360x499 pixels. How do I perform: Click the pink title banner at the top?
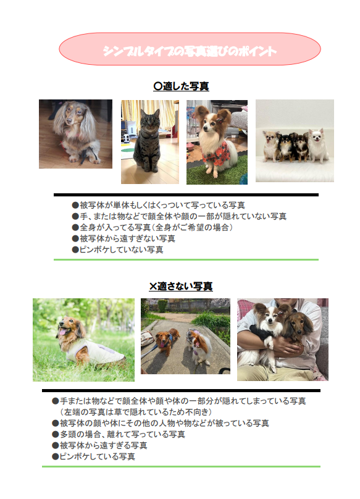tap(190, 49)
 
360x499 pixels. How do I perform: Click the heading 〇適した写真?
tap(181, 86)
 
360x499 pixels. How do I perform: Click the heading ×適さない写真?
tap(181, 287)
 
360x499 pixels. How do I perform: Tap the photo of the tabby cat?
tap(149, 142)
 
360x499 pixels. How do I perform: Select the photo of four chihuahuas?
tap(295, 141)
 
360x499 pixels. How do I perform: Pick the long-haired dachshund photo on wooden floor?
tap(75, 134)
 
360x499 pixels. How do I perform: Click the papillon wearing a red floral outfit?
tap(217, 142)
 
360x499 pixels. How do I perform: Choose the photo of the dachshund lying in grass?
tap(83, 340)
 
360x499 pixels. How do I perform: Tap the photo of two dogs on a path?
tap(185, 337)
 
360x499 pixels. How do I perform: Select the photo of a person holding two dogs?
tap(282, 339)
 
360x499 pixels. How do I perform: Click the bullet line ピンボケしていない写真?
tap(117, 249)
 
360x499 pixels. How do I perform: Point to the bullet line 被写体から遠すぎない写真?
tap(123, 238)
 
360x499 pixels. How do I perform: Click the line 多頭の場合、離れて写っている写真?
tap(118, 434)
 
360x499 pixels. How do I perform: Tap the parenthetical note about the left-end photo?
tap(135, 412)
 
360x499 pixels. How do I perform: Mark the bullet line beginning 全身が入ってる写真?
tap(152, 227)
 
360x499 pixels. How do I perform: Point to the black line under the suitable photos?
tap(186, 195)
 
